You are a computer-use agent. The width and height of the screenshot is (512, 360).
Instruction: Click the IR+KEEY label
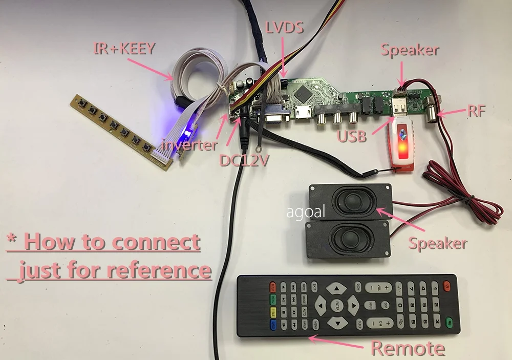click(x=124, y=49)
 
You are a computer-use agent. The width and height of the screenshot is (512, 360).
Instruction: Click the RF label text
click(x=476, y=111)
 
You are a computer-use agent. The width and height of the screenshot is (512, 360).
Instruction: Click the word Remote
click(x=408, y=348)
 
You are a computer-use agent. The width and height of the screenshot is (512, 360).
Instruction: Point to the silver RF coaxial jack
click(x=433, y=113)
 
